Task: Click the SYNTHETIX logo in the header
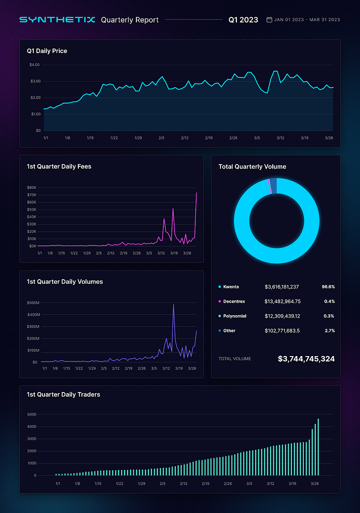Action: click(57, 20)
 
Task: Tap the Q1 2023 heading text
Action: click(243, 20)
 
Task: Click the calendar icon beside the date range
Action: click(269, 20)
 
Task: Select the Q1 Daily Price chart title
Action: click(47, 51)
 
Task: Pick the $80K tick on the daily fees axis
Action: click(31, 187)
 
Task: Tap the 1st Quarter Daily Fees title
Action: click(59, 166)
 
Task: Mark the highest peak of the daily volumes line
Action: click(174, 305)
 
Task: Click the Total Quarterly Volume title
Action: click(252, 166)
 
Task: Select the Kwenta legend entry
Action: click(231, 286)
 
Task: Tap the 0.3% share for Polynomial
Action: click(329, 316)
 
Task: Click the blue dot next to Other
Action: click(220, 331)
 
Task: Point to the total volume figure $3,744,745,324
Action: click(306, 359)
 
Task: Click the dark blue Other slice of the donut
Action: click(274, 186)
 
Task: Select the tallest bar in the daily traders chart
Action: click(318, 447)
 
